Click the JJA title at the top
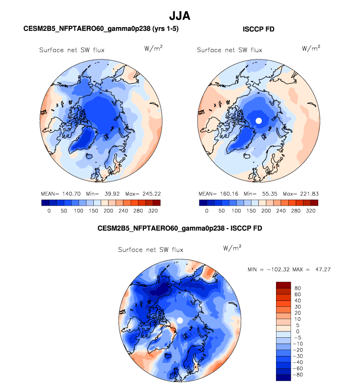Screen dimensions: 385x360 [179, 16]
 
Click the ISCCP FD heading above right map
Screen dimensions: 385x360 [258, 30]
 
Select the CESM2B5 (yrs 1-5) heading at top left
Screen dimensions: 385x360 [101, 30]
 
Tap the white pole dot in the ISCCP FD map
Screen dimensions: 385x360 [258, 120]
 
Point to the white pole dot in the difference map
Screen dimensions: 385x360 [180, 320]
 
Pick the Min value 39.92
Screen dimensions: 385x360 [104, 194]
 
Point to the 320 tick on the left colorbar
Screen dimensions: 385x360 [154, 210]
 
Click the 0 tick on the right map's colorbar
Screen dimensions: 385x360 [206, 210]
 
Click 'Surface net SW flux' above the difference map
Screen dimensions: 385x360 [151, 250]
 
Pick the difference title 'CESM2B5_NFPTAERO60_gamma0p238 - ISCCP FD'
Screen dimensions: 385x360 [180, 228]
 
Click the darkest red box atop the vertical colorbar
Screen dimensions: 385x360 [284, 285]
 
